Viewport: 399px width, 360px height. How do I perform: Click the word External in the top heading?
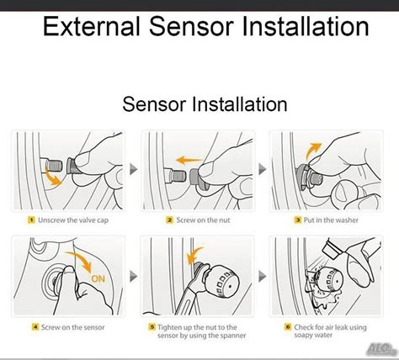click(92, 26)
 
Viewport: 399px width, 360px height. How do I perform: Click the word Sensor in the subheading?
click(154, 104)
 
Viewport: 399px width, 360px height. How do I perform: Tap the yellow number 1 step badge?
click(31, 220)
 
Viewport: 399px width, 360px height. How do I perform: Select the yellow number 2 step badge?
click(170, 220)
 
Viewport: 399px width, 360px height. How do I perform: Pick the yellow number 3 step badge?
click(298, 220)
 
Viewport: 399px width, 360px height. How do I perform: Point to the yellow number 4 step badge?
click(35, 327)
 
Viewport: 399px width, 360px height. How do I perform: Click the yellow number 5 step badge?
click(152, 327)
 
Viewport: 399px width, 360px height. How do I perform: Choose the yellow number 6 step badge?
click(288, 327)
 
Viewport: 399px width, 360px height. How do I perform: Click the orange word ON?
click(98, 278)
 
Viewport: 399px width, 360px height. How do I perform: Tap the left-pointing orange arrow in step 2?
click(189, 161)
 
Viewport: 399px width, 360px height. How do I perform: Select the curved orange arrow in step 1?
click(51, 179)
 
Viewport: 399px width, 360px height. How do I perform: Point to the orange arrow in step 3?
click(312, 150)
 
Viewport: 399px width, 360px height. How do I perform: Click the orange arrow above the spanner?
click(194, 255)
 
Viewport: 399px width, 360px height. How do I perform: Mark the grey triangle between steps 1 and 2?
click(133, 169)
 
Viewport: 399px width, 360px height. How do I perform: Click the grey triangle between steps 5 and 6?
click(262, 276)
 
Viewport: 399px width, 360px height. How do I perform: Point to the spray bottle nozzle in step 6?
click(331, 250)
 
